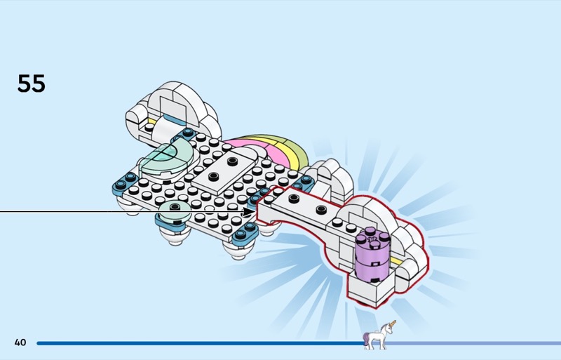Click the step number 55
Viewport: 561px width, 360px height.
pos(31,84)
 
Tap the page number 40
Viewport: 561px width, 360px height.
pos(20,342)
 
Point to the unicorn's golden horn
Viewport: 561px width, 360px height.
pos(393,324)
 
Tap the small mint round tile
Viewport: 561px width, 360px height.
pos(175,211)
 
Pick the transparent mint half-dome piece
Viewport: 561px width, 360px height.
pos(166,159)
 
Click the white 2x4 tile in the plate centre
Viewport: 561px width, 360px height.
pos(224,170)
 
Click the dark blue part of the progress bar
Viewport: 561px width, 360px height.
pos(201,343)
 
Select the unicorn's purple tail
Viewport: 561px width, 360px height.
pos(366,338)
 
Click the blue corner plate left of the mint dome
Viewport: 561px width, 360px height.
pos(124,184)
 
